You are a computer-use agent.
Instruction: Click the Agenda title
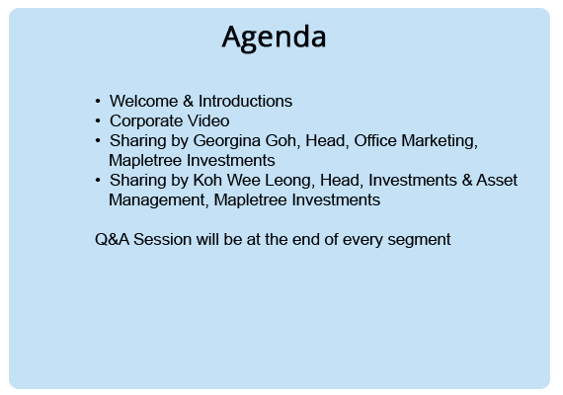click(274, 38)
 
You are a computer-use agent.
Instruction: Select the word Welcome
click(143, 101)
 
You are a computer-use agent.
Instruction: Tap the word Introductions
click(246, 101)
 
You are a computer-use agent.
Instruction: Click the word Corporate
click(146, 121)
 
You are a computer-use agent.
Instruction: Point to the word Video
click(208, 121)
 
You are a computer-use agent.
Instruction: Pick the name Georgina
click(227, 141)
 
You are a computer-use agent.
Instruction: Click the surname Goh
click(282, 141)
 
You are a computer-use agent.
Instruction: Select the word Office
click(375, 140)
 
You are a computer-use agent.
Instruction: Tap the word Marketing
click(440, 141)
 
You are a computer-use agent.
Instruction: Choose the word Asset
click(497, 180)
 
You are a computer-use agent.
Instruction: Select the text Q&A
click(112, 239)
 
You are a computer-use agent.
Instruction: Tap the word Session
click(163, 239)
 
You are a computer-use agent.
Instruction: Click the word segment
click(419, 240)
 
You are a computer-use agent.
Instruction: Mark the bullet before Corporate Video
click(98, 121)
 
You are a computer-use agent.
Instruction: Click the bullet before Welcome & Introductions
click(98, 102)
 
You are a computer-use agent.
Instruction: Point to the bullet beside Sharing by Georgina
click(98, 141)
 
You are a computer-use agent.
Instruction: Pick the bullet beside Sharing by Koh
click(98, 181)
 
